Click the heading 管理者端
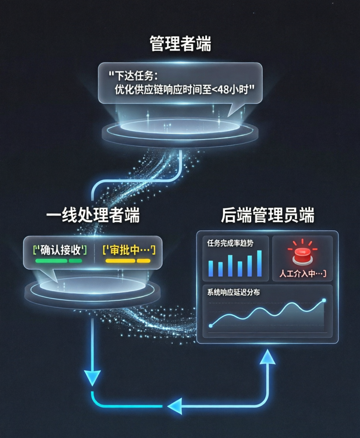coord(180,44)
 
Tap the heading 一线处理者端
coord(93,216)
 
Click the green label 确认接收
coord(60,250)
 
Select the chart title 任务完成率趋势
coord(230,243)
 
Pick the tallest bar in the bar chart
coord(259,263)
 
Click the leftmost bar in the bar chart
coord(210,268)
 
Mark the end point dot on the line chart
coord(324,300)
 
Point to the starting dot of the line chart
coord(210,325)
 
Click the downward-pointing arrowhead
coord(92,377)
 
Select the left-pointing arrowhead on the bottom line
coord(175,406)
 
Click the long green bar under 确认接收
coord(51,260)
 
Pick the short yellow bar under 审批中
coord(143,260)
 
